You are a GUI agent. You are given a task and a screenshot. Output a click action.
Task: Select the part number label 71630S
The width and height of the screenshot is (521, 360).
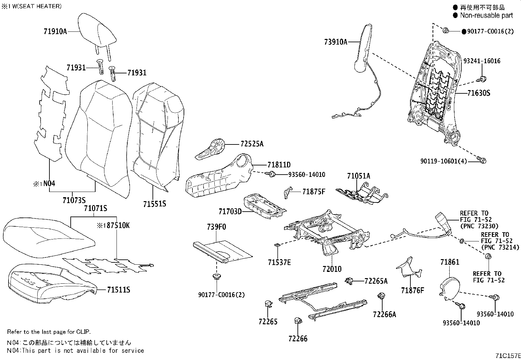pos(478,93)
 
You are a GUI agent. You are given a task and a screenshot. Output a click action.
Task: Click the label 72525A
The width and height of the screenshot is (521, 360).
pos(252,144)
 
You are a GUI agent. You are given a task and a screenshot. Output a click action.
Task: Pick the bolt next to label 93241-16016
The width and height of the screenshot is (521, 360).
pos(482,79)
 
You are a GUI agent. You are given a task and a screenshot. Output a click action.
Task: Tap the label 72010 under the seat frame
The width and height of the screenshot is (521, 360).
pos(332,269)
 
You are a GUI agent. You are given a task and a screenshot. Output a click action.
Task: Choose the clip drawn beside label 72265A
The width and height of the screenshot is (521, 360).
pos(349,280)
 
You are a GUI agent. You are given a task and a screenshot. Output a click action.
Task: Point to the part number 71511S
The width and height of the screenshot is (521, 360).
pos(118,290)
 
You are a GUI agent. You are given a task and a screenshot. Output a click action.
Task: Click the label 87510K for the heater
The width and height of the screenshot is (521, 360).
pos(117,226)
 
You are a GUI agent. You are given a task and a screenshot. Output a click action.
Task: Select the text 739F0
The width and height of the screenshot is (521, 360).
pos(216,227)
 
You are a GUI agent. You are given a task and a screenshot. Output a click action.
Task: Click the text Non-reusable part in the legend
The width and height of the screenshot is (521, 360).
pos(486,15)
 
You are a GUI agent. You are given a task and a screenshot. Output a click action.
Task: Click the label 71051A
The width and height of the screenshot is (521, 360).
pos(358,176)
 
